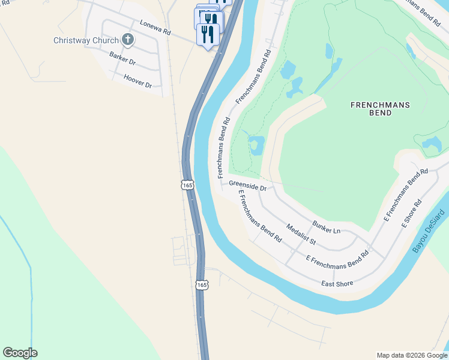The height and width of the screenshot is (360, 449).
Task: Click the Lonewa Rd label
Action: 155,26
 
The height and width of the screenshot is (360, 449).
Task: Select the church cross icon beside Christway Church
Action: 127,40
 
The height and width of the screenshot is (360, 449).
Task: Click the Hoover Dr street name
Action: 137,81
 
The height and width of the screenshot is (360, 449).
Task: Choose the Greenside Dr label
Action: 247,187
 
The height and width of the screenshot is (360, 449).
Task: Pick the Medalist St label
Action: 301,234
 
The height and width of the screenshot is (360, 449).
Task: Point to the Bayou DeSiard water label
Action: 430,231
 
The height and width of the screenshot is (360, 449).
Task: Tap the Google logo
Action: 20,353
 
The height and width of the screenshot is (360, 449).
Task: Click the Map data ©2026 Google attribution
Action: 412,355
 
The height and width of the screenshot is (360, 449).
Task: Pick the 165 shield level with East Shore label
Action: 202,284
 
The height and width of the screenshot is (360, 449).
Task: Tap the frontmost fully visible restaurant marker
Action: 208,34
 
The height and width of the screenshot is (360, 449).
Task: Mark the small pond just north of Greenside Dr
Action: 256,145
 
